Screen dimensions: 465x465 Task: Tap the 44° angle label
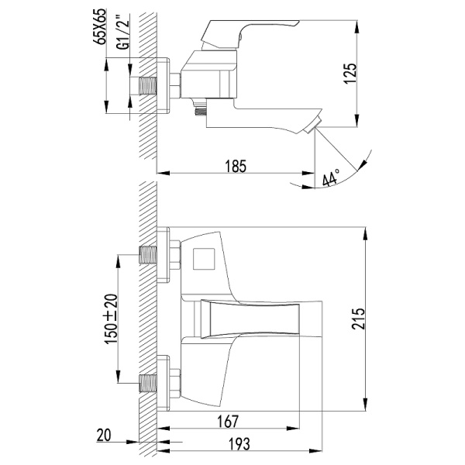point(331,180)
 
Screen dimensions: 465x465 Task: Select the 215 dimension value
point(375,316)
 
